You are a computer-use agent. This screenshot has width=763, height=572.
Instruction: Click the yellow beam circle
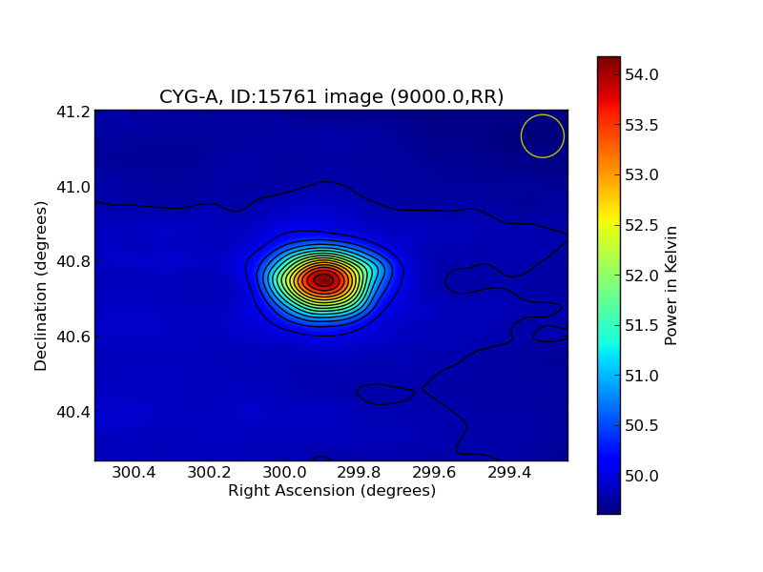pos(543,136)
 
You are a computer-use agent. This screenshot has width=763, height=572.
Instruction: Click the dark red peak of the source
pos(323,280)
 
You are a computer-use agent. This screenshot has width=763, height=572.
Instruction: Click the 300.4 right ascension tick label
pos(133,474)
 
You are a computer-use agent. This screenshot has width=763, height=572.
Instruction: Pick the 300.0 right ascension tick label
pos(283,474)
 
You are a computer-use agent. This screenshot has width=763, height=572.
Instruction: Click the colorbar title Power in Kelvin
pos(671,285)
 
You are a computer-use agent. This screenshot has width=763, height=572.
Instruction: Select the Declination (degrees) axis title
pos(41,285)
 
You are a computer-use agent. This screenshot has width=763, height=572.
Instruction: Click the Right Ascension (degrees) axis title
pos(331,491)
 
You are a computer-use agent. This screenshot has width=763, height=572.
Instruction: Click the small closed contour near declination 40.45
pos(385,394)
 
